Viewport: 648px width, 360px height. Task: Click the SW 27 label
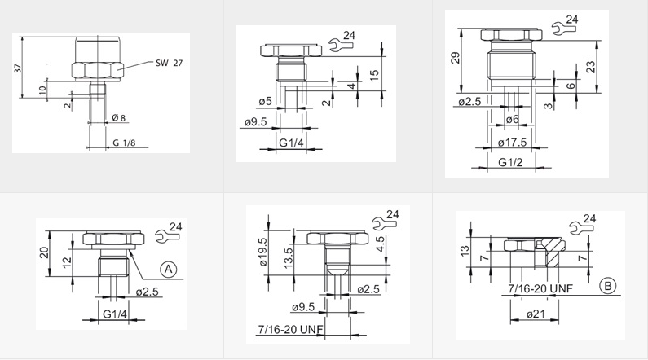(x=169, y=64)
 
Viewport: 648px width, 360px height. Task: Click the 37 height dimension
(x=18, y=68)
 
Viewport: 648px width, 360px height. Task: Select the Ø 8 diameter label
(x=119, y=118)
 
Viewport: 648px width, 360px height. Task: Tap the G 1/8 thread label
(x=124, y=143)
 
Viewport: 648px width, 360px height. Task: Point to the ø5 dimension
(x=266, y=101)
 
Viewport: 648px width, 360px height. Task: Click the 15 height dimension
(x=373, y=75)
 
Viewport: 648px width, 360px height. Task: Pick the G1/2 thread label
(x=510, y=162)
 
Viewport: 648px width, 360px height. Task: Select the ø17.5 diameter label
(x=512, y=143)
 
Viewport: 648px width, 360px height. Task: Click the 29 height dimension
(x=455, y=57)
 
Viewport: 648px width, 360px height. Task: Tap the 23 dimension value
(x=592, y=67)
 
